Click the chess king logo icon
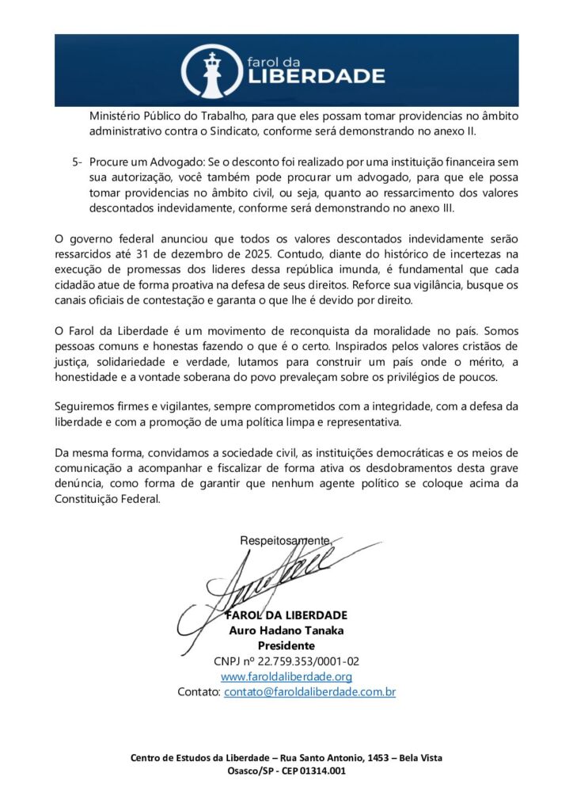tap(211, 71)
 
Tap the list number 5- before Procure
tap(77, 162)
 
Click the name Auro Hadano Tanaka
tap(286, 630)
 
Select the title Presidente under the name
tap(286, 645)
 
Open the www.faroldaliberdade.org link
tap(286, 676)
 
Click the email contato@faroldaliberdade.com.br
tap(309, 691)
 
